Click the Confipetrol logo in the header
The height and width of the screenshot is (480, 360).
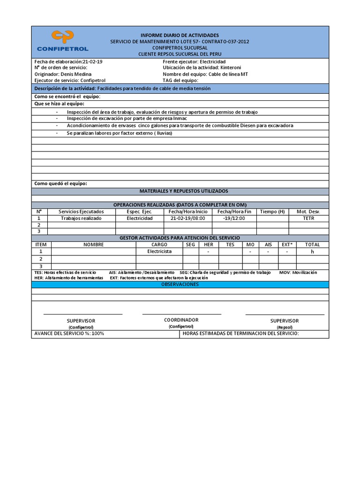62,41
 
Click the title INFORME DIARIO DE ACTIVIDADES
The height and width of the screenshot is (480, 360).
180,36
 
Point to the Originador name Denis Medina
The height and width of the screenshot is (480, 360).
76,74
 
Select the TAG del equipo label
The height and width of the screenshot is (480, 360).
180,80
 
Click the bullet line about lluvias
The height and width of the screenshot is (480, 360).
119,133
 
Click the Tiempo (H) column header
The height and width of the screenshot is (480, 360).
272,212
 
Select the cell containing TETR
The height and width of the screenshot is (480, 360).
308,218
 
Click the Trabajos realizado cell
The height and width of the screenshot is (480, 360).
82,218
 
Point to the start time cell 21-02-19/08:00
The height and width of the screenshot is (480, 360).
188,218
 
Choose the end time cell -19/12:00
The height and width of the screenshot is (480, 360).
234,218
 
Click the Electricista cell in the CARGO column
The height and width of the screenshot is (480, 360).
159,251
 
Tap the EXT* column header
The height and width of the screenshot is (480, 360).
286,245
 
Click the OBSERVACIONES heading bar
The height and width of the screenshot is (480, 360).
180,285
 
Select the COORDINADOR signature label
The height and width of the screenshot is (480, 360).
181,320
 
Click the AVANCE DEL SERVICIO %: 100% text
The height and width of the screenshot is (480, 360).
69,334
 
